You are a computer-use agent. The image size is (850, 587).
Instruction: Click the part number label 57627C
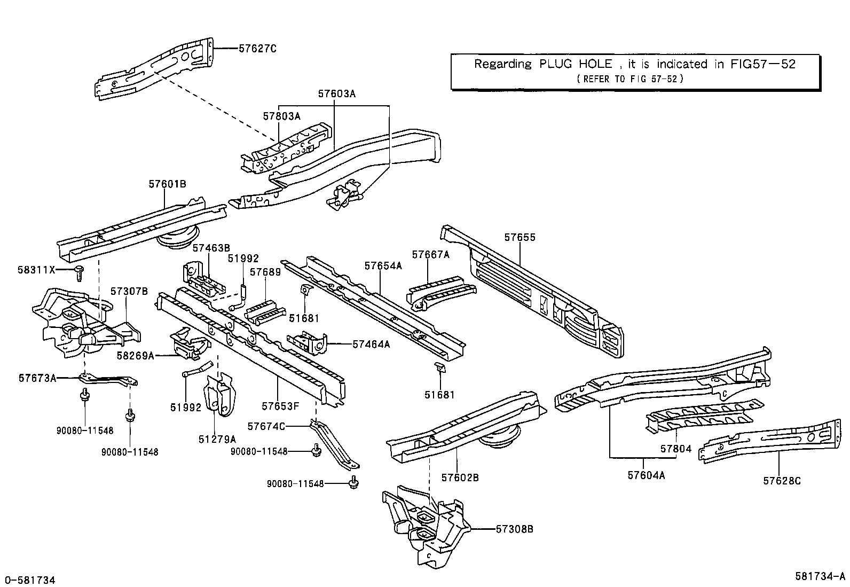pyautogui.click(x=257, y=48)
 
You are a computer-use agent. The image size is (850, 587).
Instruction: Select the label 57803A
pyautogui.click(x=281, y=115)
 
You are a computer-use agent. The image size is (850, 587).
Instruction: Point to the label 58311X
pyautogui.click(x=36, y=270)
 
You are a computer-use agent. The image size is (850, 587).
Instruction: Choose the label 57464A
pyautogui.click(x=371, y=345)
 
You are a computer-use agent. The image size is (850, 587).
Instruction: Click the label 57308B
pyautogui.click(x=515, y=529)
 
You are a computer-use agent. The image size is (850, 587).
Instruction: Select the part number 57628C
pyautogui.click(x=782, y=481)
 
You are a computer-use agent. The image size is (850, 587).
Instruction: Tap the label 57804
pyautogui.click(x=676, y=449)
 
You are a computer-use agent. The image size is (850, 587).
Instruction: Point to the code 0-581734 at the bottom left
pyautogui.click(x=29, y=580)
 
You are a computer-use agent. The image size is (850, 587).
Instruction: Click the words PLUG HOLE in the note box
pyautogui.click(x=576, y=64)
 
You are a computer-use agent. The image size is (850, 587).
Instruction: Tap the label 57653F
pyautogui.click(x=280, y=406)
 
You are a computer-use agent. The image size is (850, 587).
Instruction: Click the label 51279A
pyautogui.click(x=217, y=439)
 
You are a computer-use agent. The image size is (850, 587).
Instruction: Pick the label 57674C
pyautogui.click(x=266, y=426)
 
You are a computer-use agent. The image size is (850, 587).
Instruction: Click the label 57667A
pyautogui.click(x=430, y=255)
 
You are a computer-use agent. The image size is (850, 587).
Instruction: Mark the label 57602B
pyautogui.click(x=460, y=478)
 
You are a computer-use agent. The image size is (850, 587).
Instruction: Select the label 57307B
pyautogui.click(x=129, y=291)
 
